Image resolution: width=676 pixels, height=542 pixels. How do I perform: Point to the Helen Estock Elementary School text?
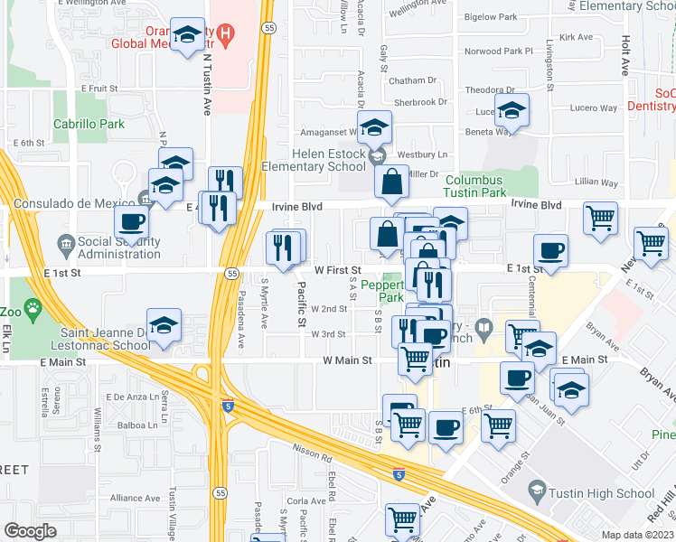coord(313,161)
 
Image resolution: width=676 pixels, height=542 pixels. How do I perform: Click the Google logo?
coord(30,531)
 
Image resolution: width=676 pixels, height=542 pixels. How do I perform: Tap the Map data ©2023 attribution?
coord(637,535)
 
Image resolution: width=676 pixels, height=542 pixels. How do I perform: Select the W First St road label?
coord(337,270)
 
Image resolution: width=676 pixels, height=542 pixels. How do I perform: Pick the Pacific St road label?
coord(300,305)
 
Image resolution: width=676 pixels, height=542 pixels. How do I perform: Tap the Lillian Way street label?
coord(596,182)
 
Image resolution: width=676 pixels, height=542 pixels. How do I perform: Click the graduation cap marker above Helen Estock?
coord(374,129)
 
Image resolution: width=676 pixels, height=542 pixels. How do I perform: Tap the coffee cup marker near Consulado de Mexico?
coord(132,222)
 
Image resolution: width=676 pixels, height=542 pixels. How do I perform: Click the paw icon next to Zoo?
coord(34,309)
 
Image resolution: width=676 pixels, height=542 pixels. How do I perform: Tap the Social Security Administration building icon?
coord(65,243)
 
